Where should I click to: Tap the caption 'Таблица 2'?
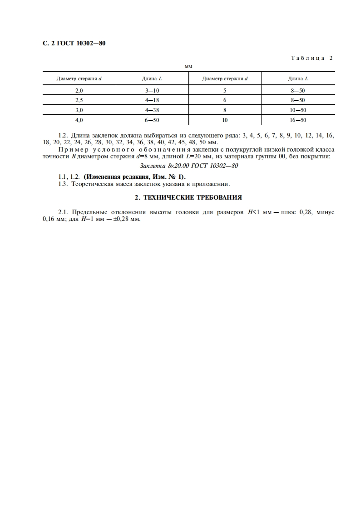pyautogui.click(x=311, y=58)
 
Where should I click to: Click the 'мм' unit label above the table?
pyautogui.click(x=188, y=66)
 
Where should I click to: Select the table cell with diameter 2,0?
pyautogui.click(x=79, y=91)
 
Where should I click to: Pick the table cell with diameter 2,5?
pyautogui.click(x=79, y=100)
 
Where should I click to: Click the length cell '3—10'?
pyautogui.click(x=152, y=91)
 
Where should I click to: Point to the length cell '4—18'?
pyautogui.click(x=152, y=100)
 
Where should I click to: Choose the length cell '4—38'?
pyautogui.click(x=152, y=110)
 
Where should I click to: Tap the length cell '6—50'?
pyautogui.click(x=152, y=120)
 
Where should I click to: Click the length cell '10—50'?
pyautogui.click(x=298, y=110)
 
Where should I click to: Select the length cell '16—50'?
pyautogui.click(x=298, y=120)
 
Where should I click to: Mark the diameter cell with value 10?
pyautogui.click(x=225, y=120)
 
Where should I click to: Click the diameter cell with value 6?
pyautogui.click(x=225, y=100)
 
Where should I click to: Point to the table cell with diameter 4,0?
pyautogui.click(x=79, y=120)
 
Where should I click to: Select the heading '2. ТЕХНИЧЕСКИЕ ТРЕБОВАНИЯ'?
pyautogui.click(x=188, y=197)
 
